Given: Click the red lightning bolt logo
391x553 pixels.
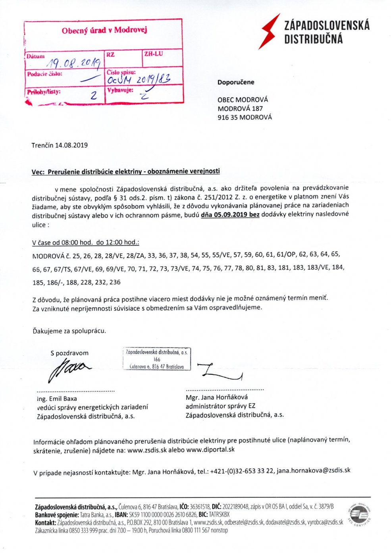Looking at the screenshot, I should (x=270, y=31).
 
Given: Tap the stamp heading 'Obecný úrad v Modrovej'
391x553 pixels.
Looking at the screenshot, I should (x=104, y=30).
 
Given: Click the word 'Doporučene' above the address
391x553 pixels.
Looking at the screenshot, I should (x=236, y=83).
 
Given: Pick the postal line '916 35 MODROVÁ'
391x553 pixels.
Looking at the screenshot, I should (x=245, y=118).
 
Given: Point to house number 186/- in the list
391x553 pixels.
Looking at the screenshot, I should (x=58, y=283).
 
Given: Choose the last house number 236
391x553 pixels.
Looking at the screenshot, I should (x=115, y=283).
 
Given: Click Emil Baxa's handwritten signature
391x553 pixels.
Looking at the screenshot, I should (x=67, y=368).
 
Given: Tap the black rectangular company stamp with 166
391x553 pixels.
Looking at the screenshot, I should (x=157, y=359).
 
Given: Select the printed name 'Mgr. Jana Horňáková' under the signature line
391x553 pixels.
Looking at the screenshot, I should (x=217, y=397).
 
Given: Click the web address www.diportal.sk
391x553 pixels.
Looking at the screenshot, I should (x=210, y=450).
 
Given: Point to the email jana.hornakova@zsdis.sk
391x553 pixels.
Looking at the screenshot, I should (x=314, y=470).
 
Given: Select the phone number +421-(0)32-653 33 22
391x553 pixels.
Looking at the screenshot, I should (x=242, y=471).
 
